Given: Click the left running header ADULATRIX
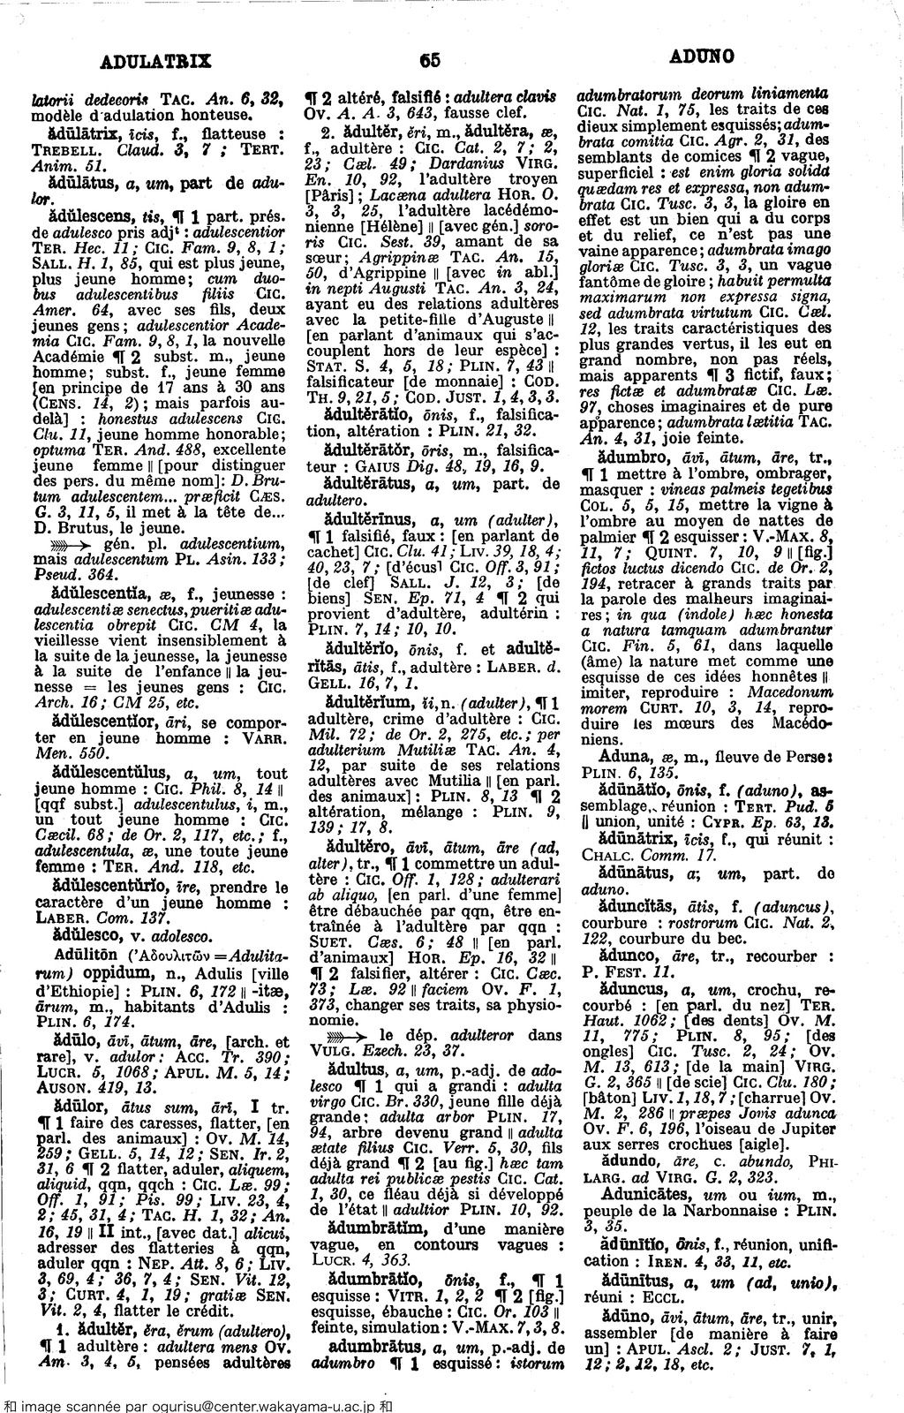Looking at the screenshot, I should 155,61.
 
